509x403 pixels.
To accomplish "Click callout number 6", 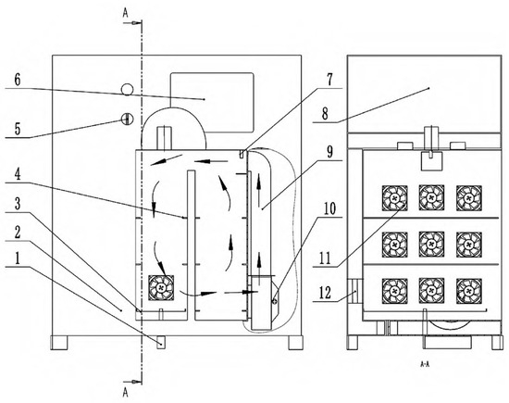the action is click(x=18, y=80).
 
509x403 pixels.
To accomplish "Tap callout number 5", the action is click(x=18, y=129).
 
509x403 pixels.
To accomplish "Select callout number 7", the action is click(x=329, y=80).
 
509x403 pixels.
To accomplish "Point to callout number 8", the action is click(x=325, y=114).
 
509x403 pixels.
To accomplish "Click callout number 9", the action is click(x=329, y=151).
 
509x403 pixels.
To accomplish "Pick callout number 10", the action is click(x=329, y=209).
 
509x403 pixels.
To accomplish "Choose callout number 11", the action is click(x=325, y=258).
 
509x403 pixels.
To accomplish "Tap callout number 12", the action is click(x=325, y=293).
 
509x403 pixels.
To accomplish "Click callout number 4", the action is click(x=18, y=174).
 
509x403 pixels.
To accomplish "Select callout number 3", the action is click(x=18, y=204).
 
